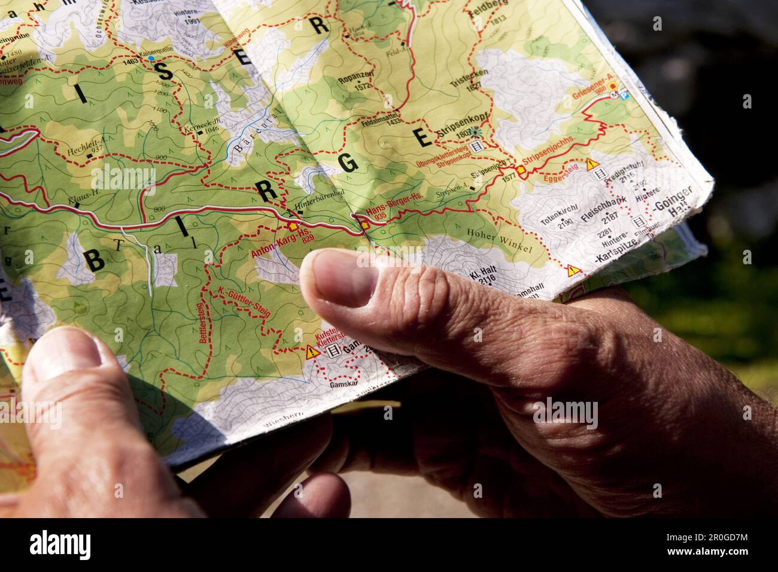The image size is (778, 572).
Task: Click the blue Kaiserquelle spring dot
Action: [x=151, y=59]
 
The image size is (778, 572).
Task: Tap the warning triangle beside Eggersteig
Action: [x=592, y=164]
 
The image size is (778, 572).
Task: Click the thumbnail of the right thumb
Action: [x=339, y=277]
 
